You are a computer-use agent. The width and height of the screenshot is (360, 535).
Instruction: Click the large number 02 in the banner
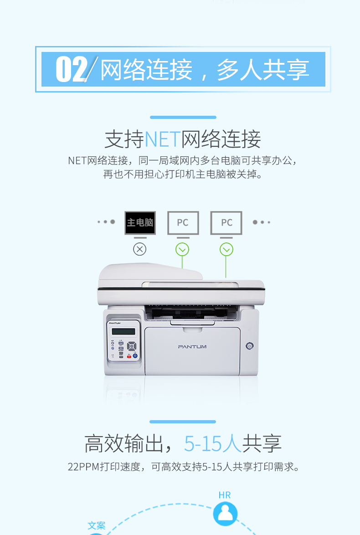(x=72, y=69)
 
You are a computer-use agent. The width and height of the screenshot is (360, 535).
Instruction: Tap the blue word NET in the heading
(x=162, y=139)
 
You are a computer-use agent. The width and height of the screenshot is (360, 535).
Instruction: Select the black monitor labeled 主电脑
(x=140, y=223)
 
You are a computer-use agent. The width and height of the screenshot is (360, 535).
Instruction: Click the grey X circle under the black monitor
(x=139, y=249)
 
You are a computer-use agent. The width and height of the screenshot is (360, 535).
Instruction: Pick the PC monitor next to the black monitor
(x=183, y=223)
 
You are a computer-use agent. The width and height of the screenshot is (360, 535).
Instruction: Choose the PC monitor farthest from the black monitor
(x=226, y=223)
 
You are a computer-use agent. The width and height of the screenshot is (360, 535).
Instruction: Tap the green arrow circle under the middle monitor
(x=182, y=249)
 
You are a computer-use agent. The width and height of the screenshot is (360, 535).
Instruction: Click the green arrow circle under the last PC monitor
(x=226, y=249)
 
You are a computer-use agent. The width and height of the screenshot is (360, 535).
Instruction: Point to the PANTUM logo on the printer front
(x=192, y=347)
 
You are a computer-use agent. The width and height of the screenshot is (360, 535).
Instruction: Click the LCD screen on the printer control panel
(x=123, y=331)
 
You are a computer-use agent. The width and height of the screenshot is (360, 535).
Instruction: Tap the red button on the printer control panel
(x=129, y=356)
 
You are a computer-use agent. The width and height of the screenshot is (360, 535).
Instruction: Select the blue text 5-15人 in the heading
(x=213, y=443)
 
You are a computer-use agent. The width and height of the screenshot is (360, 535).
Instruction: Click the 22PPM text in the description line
(x=83, y=467)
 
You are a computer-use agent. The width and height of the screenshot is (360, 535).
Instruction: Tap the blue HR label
(x=225, y=495)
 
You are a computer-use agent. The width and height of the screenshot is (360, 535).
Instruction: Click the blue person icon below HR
(x=225, y=514)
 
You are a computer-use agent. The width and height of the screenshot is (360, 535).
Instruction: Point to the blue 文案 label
(x=97, y=525)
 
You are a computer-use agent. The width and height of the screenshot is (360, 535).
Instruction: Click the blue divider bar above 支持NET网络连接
(x=183, y=118)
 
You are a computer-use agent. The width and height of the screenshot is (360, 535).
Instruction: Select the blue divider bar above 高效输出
(x=183, y=422)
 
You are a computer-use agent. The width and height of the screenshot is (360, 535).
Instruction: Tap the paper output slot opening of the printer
(x=191, y=313)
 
